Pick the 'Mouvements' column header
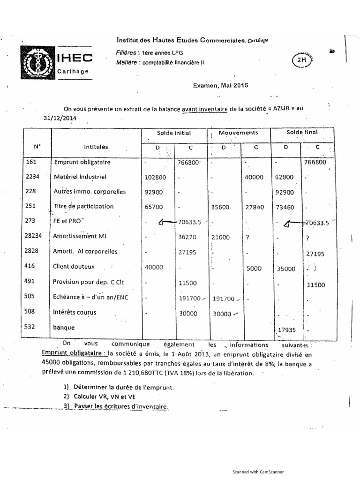click(x=239, y=133)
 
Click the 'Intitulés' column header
click(x=96, y=147)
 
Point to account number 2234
click(x=35, y=177)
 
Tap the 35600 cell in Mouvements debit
click(x=223, y=206)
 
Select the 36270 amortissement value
click(x=190, y=237)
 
